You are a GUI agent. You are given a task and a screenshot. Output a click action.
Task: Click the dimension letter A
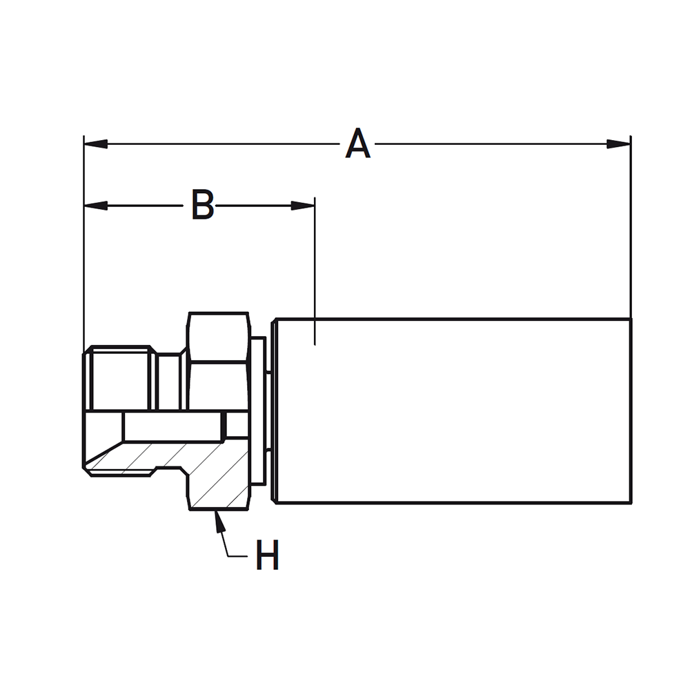pyautogui.click(x=357, y=144)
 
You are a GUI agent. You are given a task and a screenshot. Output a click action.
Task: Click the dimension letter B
pyautogui.click(x=203, y=205)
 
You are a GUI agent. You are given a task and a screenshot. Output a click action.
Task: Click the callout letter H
pyautogui.click(x=268, y=555)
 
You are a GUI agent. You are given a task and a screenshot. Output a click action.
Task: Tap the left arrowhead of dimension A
pyautogui.click(x=95, y=144)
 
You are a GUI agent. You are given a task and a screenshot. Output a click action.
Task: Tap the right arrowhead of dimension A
pyautogui.click(x=618, y=144)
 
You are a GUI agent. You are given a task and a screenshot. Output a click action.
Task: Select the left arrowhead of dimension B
pyautogui.click(x=95, y=206)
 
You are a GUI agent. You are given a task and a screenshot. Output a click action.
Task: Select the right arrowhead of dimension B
pyautogui.click(x=303, y=206)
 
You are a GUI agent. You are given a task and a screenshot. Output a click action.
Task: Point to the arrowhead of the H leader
pyautogui.click(x=219, y=521)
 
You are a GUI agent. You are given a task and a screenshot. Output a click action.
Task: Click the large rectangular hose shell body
pyautogui.click(x=453, y=411)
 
